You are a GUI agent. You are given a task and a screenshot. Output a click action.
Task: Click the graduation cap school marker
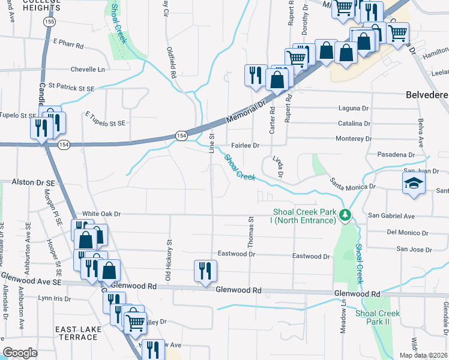[414, 184]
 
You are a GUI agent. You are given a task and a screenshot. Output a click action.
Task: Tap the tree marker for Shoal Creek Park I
[345, 215]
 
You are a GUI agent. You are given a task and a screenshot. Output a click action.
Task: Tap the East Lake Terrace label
[76, 334]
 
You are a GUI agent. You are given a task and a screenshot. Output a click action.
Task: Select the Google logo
[20, 353]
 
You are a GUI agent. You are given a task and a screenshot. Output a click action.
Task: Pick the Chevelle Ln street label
[88, 69]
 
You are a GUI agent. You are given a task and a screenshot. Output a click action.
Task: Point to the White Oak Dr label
[101, 213]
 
